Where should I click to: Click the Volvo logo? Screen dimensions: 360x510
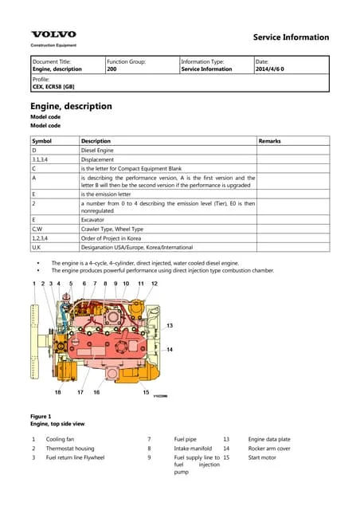click(53, 34)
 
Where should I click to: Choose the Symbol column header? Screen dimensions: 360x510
click(42, 141)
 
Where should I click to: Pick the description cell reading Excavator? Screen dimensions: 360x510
click(96, 219)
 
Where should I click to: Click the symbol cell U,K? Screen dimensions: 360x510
click(37, 248)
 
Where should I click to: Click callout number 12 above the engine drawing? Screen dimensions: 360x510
click(155, 284)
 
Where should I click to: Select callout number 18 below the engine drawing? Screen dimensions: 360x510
click(58, 392)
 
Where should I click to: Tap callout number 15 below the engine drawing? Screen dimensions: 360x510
click(146, 392)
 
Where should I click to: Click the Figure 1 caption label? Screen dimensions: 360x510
click(41, 417)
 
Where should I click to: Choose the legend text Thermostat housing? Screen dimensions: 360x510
click(70, 449)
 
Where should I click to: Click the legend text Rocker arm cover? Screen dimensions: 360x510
click(269, 449)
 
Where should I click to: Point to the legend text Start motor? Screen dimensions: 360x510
click(262, 458)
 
